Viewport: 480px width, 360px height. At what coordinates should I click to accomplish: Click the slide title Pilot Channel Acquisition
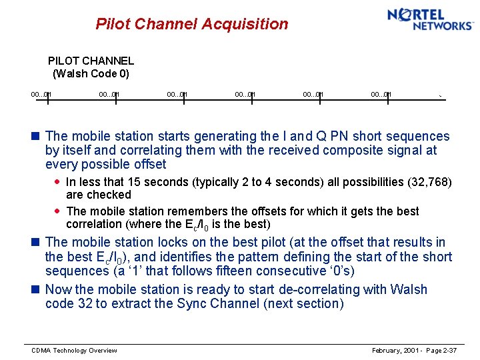[x=192, y=25]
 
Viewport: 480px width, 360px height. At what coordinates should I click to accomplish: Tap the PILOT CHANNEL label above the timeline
[x=91, y=61]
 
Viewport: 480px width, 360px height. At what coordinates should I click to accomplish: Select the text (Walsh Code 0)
[x=91, y=73]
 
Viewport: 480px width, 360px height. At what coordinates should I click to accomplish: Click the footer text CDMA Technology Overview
[x=74, y=351]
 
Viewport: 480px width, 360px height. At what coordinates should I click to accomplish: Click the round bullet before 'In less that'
[x=58, y=182]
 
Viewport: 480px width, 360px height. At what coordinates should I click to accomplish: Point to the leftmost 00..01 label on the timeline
[x=41, y=95]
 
